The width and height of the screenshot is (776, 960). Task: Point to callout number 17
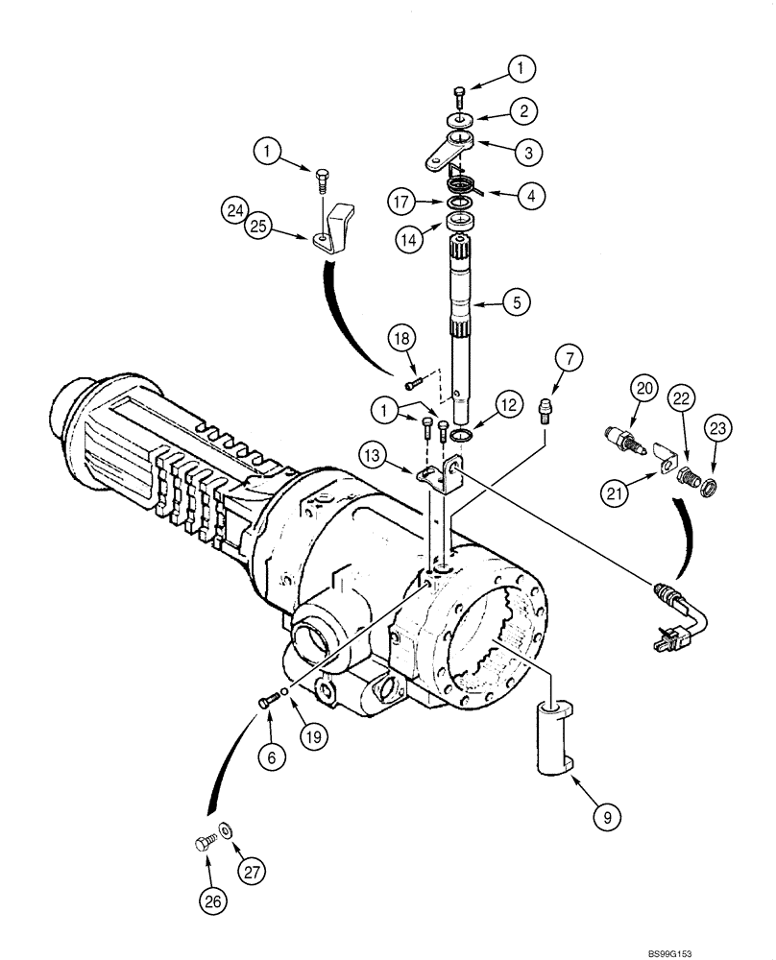click(403, 203)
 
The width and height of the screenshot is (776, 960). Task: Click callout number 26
click(213, 899)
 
